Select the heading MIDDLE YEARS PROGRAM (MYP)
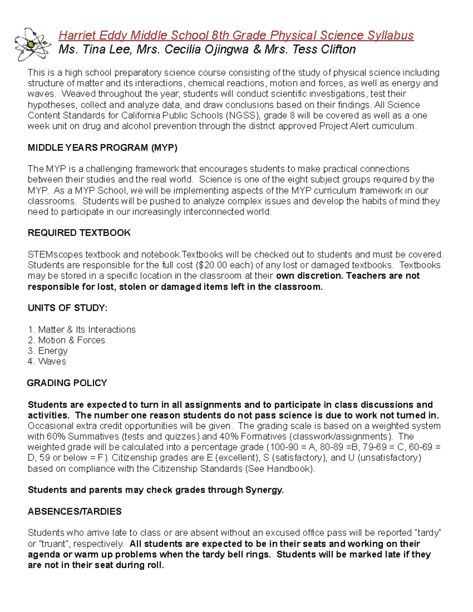click(102, 148)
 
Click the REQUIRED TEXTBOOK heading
click(79, 233)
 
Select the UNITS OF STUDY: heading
click(67, 308)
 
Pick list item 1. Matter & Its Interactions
click(82, 329)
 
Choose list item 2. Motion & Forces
click(66, 340)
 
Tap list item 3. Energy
click(48, 351)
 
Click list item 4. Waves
click(47, 361)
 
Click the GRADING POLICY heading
click(67, 383)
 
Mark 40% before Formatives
click(229, 437)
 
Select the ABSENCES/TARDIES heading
click(74, 512)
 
